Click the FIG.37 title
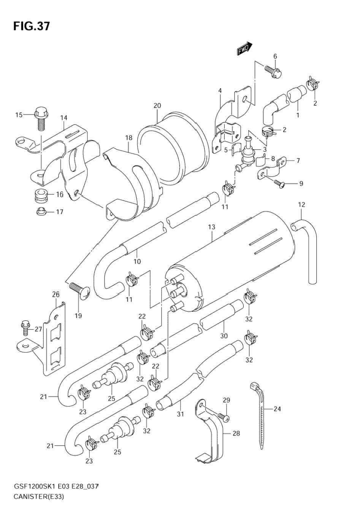[32, 26]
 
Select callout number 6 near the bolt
[275, 56]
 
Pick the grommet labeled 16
[41, 196]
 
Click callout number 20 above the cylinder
[157, 106]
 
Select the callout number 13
[212, 227]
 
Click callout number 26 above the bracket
[56, 295]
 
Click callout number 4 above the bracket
[220, 91]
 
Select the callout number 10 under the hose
[137, 261]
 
